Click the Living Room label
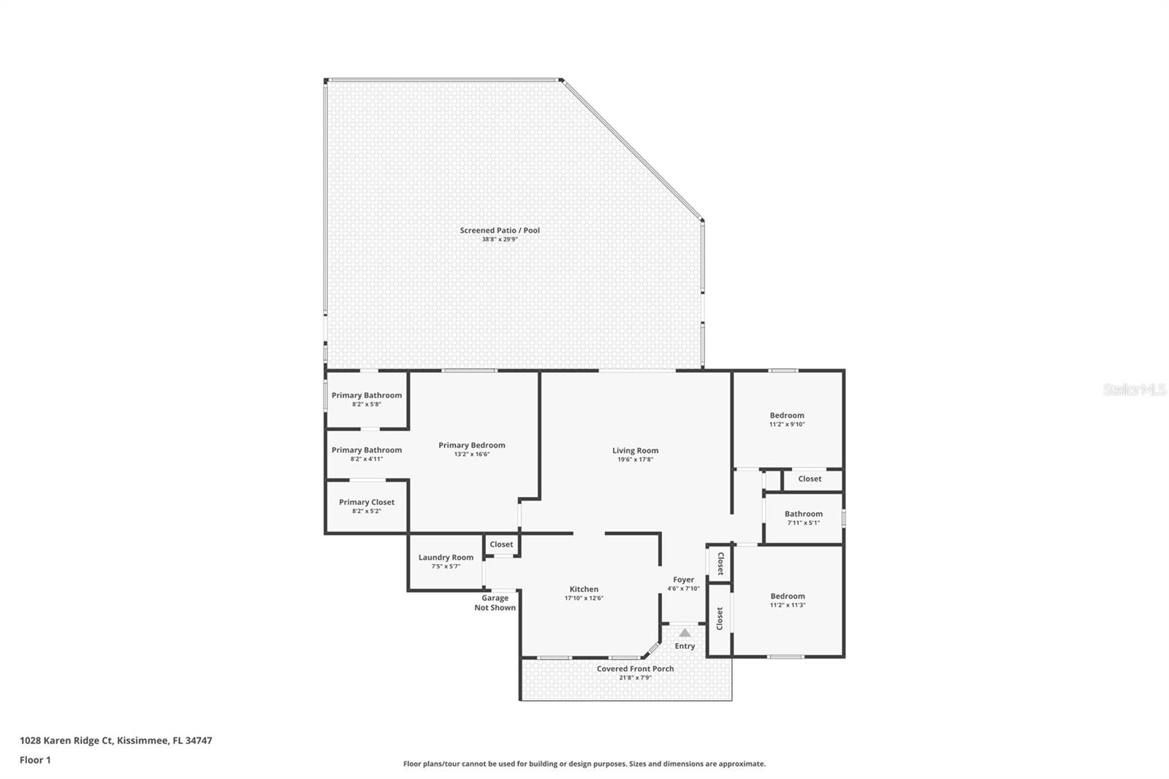click(635, 451)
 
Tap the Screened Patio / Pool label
click(500, 230)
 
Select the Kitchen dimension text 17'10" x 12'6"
click(584, 598)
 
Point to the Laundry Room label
click(446, 558)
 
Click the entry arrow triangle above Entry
click(685, 633)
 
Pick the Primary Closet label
click(367, 502)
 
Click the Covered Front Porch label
click(635, 669)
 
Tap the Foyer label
click(683, 579)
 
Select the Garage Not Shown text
click(495, 603)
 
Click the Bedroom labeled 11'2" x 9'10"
click(787, 415)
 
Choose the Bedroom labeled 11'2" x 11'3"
click(787, 596)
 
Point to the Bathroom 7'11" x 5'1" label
click(804, 514)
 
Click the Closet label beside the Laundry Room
click(501, 544)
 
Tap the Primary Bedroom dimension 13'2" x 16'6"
click(472, 454)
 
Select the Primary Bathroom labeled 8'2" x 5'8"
click(367, 395)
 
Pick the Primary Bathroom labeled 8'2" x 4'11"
click(367, 450)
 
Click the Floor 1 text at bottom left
click(35, 760)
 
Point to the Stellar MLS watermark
click(1134, 390)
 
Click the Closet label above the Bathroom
click(810, 479)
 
